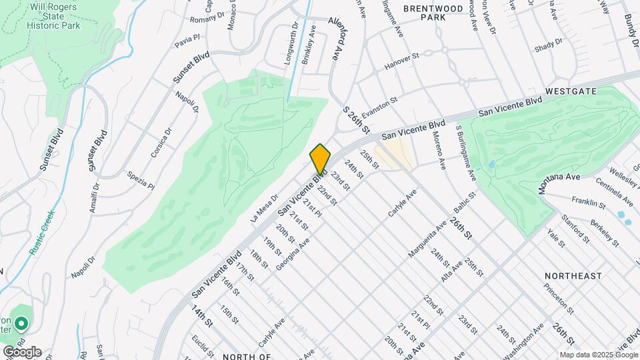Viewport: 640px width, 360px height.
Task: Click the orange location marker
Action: tap(320, 159)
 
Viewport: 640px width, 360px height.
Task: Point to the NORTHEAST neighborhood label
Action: tap(573, 275)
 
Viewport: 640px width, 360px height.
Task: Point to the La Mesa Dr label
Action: tap(263, 209)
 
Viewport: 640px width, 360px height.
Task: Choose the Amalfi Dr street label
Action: tap(95, 198)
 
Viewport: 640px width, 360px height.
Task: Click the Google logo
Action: tap(21, 351)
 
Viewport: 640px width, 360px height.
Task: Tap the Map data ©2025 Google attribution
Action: tap(598, 355)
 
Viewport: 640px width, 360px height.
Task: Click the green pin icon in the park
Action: tap(21, 325)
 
